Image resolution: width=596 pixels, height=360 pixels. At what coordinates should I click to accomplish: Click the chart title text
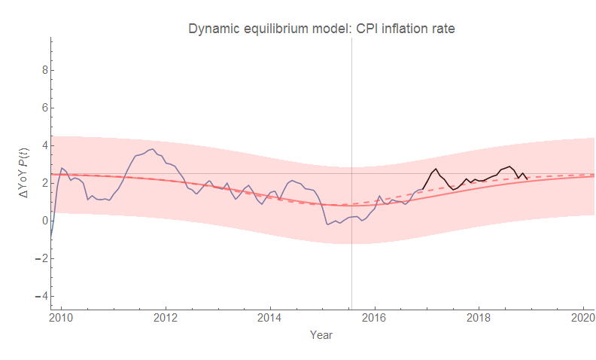[x=321, y=29]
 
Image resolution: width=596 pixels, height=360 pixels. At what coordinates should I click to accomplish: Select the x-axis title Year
[x=321, y=334]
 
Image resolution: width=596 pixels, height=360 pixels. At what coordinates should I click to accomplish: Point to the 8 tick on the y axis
[x=44, y=70]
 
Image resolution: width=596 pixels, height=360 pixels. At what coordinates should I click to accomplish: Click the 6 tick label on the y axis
[x=44, y=108]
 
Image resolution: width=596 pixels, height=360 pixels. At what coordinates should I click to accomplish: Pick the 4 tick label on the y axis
[x=44, y=145]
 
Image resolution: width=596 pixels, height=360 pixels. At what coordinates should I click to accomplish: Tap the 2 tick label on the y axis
[x=44, y=183]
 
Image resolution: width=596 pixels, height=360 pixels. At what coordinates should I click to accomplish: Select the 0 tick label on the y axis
[x=44, y=221]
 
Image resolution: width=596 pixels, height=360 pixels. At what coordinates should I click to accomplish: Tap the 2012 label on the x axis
[x=165, y=317]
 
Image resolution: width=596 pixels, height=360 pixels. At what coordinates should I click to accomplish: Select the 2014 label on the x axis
[x=269, y=317]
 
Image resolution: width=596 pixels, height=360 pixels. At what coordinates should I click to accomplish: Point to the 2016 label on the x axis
[x=375, y=317]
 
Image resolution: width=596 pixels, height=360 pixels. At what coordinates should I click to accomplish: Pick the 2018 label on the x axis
[x=479, y=317]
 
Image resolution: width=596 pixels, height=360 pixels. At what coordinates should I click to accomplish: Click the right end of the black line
[x=527, y=178]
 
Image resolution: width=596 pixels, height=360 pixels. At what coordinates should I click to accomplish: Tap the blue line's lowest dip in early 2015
[x=327, y=224]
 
